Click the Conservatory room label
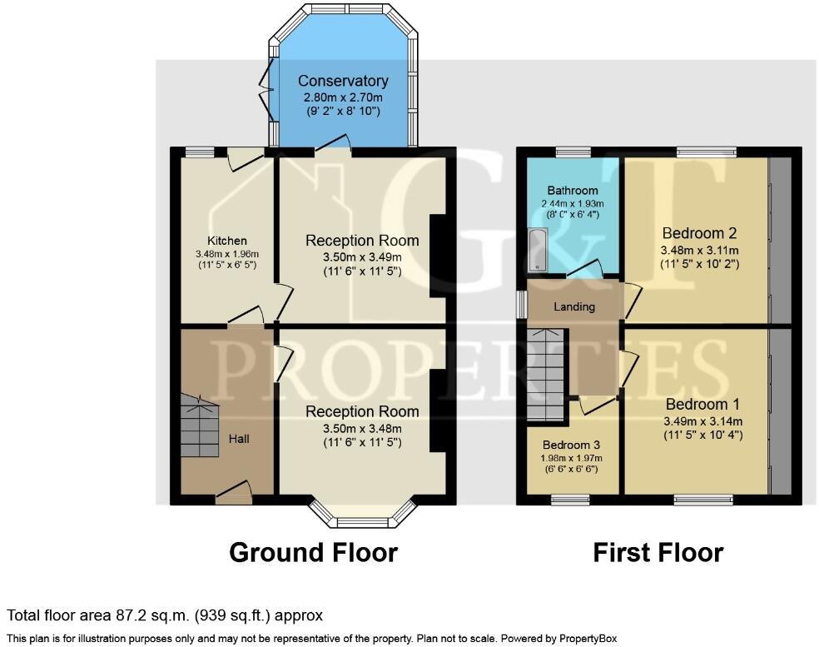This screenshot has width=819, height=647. (x=343, y=81)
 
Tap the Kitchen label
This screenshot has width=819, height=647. (x=227, y=241)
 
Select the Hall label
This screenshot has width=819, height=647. (x=239, y=439)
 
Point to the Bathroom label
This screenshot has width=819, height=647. (x=573, y=191)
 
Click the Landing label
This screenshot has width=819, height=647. (x=574, y=306)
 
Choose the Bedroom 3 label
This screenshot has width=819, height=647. (x=572, y=445)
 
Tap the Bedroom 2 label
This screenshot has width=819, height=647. (x=699, y=233)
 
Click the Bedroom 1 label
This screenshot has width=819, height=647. (x=702, y=405)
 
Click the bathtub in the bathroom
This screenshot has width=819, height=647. (x=538, y=251)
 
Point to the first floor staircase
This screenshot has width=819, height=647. (x=546, y=375)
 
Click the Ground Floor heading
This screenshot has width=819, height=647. (x=314, y=552)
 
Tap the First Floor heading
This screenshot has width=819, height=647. (x=658, y=552)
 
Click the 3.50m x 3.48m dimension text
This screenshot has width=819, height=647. (x=363, y=429)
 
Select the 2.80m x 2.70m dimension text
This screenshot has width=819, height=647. (x=343, y=97)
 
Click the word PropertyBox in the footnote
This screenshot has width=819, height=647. (x=588, y=639)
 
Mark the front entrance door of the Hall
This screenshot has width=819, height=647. (x=234, y=493)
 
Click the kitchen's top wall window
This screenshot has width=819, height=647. (x=200, y=152)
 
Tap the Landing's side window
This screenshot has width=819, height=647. (x=522, y=304)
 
